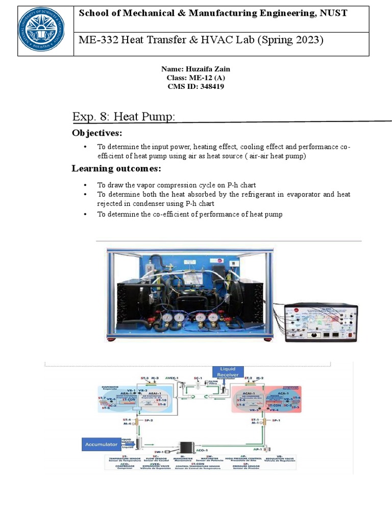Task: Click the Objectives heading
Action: (x=97, y=133)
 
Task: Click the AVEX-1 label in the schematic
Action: (x=171, y=378)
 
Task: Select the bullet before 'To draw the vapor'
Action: (x=85, y=185)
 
